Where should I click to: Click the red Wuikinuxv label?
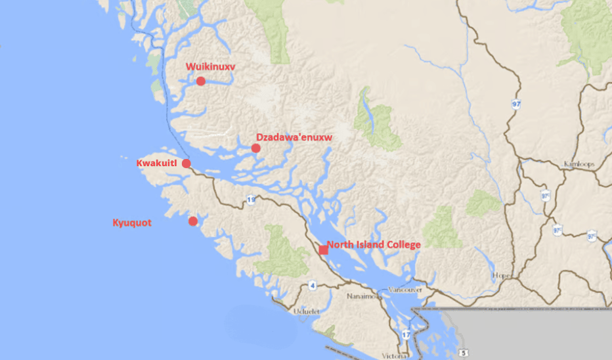210,67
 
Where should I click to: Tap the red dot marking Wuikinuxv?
200,81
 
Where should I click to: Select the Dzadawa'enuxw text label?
294,137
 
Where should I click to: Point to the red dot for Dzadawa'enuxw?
256,148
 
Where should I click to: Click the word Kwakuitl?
157,163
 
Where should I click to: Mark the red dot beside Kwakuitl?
186,163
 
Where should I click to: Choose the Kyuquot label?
131,223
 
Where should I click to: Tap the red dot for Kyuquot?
193,221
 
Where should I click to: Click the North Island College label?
374,244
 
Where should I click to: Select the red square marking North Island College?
323,250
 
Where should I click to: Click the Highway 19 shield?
251,200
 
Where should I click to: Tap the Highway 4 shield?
313,285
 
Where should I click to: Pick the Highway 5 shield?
464,353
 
